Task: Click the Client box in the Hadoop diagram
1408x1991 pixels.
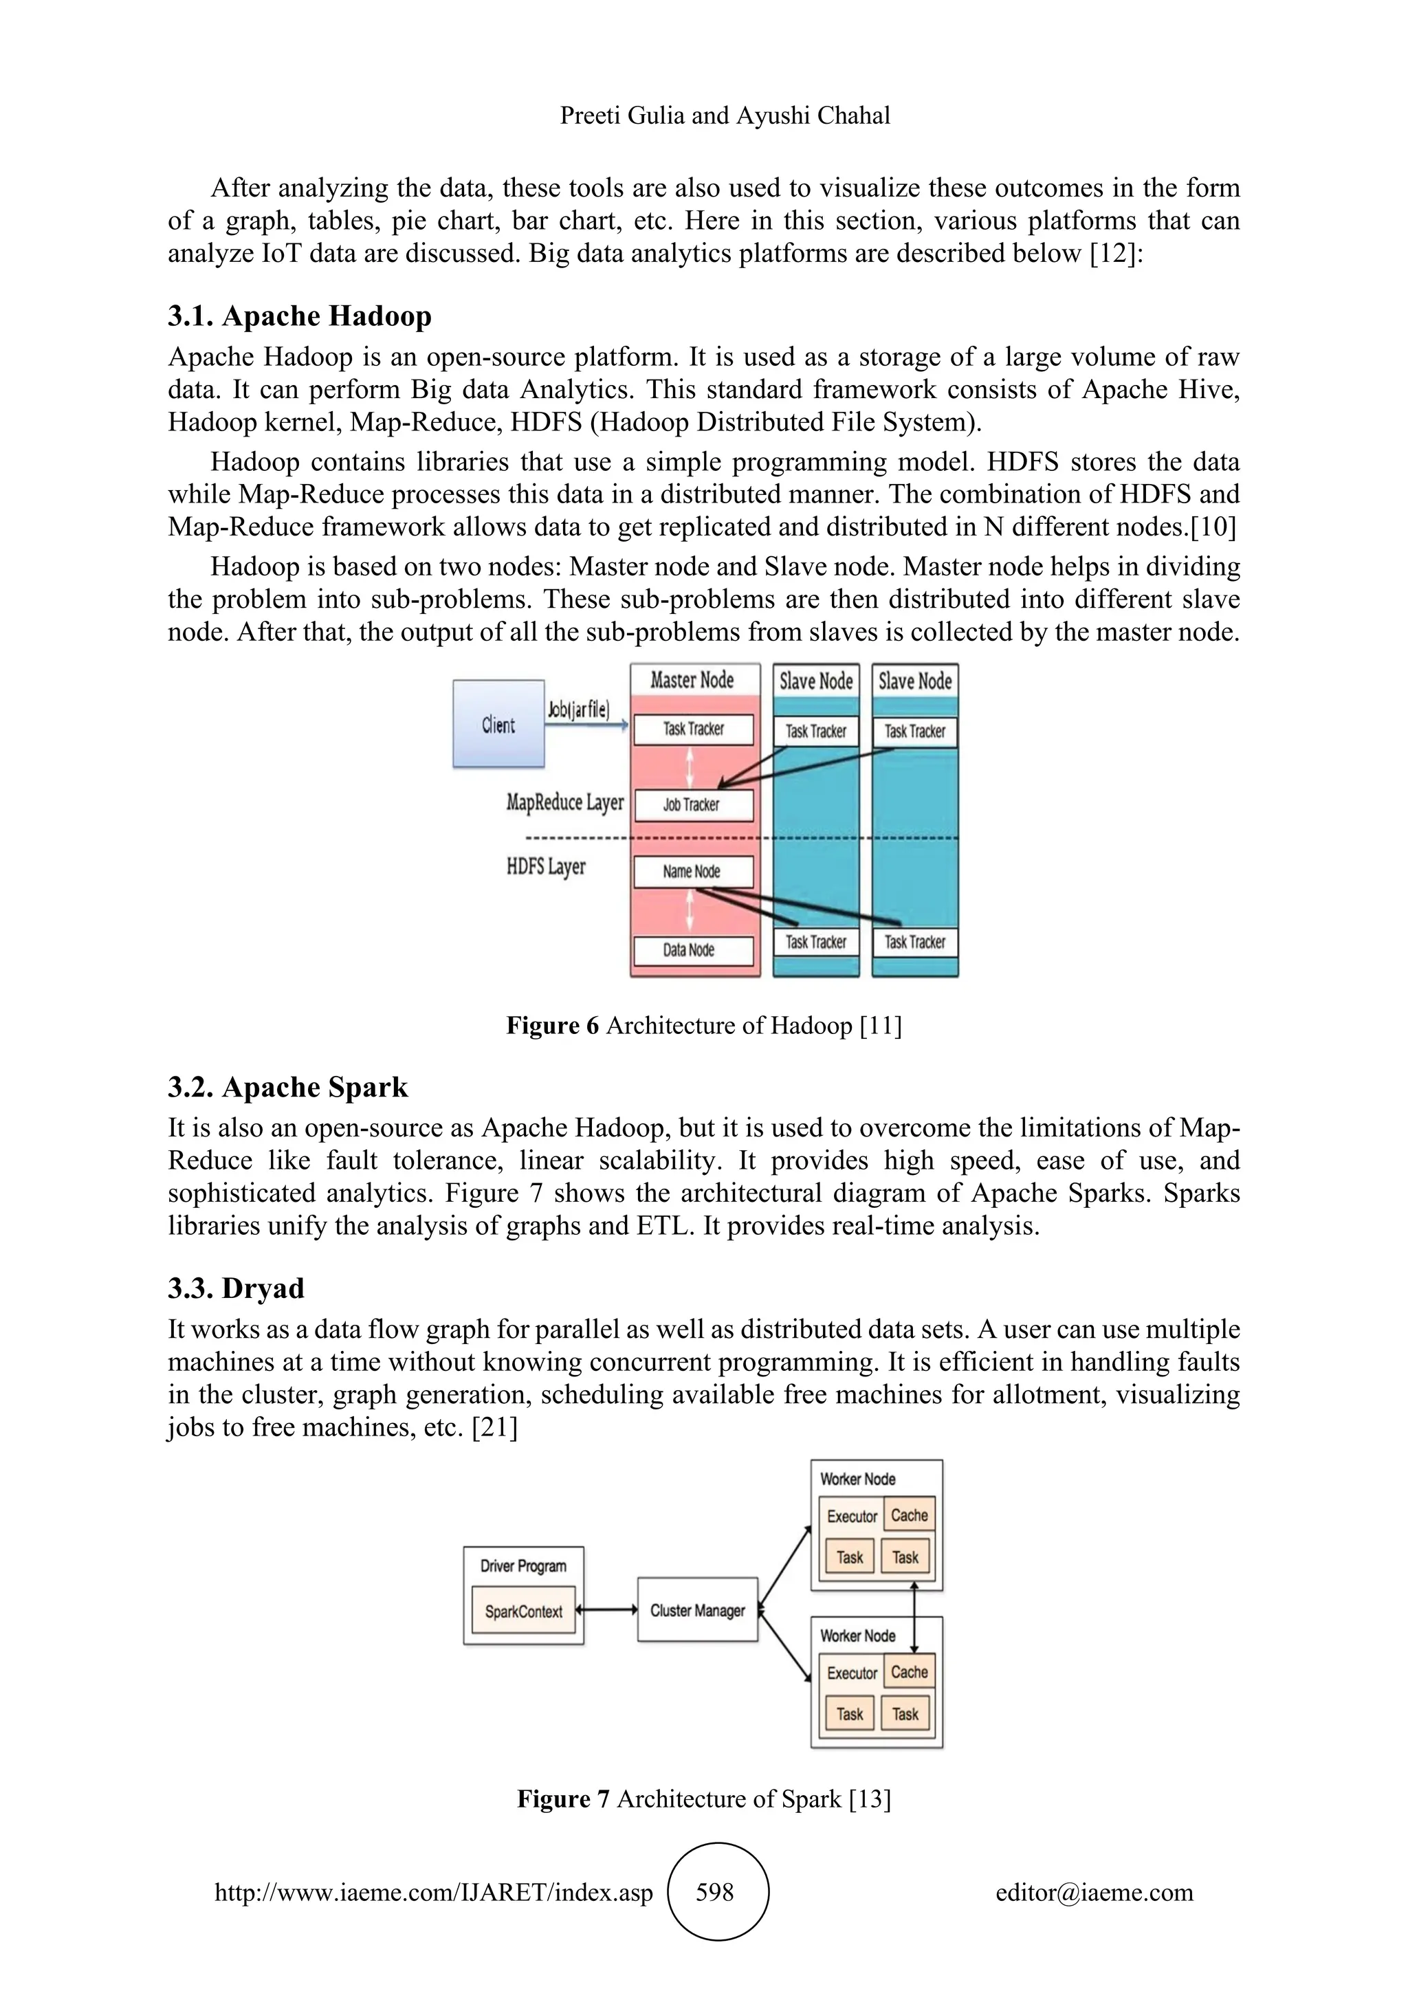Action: point(498,724)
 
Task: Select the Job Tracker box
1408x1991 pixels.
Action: point(693,805)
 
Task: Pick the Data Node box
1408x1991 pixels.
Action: point(693,949)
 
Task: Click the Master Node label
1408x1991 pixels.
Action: point(693,681)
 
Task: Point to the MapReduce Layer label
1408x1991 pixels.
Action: point(564,803)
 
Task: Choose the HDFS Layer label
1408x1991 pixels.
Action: point(546,867)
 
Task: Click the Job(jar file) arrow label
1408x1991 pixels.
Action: point(578,710)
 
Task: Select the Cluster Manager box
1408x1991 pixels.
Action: point(697,1610)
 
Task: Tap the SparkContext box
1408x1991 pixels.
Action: point(524,1611)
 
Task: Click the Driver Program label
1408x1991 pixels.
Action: point(524,1566)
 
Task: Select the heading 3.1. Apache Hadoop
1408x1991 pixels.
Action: point(299,316)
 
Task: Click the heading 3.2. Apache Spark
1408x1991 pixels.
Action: point(288,1088)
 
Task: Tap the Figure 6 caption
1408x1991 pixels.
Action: point(704,1026)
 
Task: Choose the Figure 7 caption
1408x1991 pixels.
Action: point(704,1799)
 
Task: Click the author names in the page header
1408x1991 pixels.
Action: point(725,115)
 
